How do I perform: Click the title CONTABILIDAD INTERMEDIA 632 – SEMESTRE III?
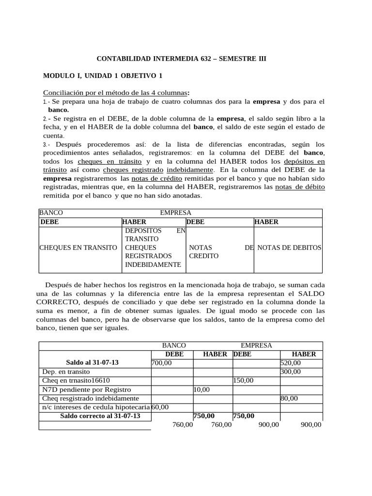[x=182, y=59]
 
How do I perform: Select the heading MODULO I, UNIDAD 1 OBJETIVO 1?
[x=103, y=76]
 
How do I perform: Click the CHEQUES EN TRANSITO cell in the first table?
[x=78, y=248]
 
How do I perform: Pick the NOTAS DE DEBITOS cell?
[x=289, y=248]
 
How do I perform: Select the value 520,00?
[x=291, y=363]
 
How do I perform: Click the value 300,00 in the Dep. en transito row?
[x=291, y=372]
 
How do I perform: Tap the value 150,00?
[x=243, y=381]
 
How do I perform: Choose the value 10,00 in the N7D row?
[x=201, y=389]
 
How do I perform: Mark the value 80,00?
[x=289, y=398]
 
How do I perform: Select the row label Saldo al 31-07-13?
[x=92, y=363]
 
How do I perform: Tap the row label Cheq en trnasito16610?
[x=76, y=381]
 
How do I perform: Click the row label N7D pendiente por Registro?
[x=87, y=389]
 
